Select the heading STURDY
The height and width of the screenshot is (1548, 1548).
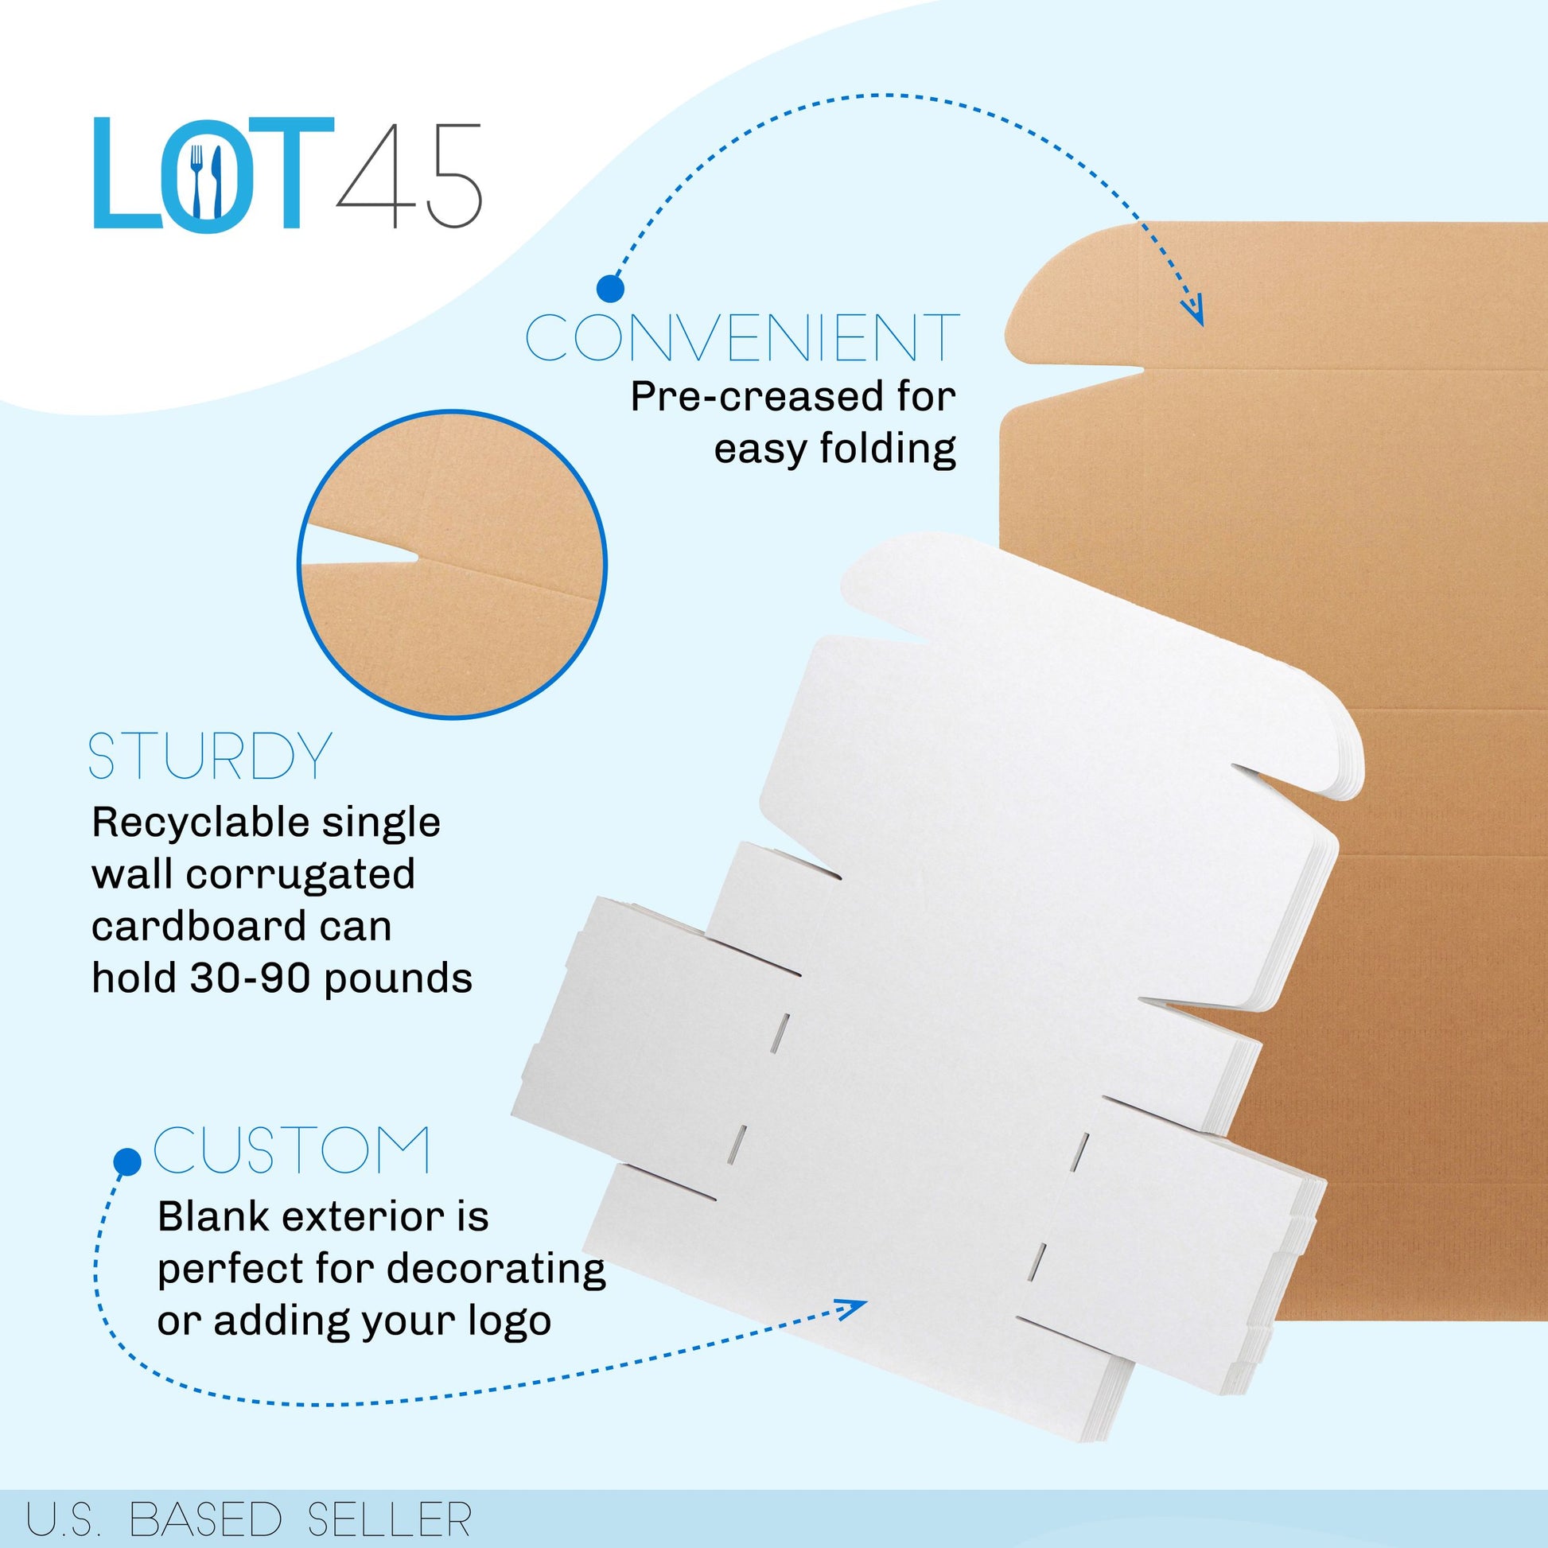pyautogui.click(x=210, y=756)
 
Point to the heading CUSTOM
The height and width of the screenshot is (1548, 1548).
pyautogui.click(x=292, y=1149)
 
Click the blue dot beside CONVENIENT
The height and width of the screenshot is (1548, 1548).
pyautogui.click(x=611, y=289)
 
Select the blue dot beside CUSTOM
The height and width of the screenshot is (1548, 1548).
pyautogui.click(x=127, y=1162)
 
